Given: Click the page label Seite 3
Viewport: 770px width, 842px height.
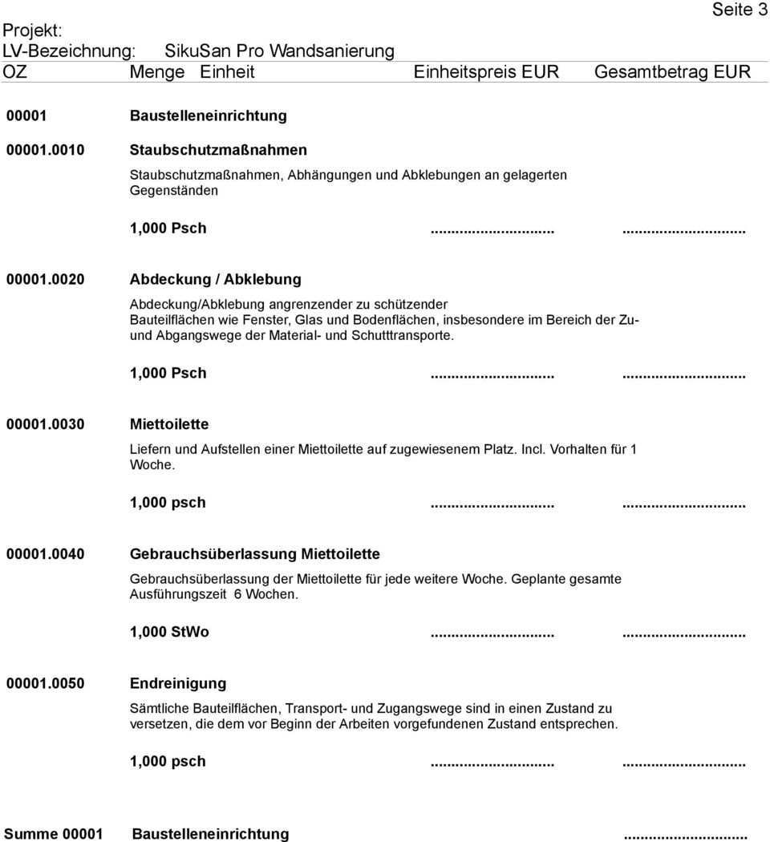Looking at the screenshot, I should tap(733, 10).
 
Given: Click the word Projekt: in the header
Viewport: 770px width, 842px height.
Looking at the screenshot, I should tap(32, 30).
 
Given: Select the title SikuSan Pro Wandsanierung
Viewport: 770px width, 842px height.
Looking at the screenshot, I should tap(279, 51).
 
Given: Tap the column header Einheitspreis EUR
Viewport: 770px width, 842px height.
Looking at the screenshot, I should tap(486, 72).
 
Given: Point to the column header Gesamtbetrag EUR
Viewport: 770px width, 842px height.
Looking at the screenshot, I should tap(672, 72).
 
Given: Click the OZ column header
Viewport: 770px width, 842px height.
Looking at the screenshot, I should tap(14, 72).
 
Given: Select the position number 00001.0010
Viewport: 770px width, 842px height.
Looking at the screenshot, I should tap(47, 149).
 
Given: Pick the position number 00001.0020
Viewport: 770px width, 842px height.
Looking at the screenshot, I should tap(47, 279).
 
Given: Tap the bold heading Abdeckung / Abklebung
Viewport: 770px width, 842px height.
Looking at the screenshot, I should tap(216, 279).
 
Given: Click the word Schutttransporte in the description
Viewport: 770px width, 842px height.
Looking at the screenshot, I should tap(400, 335).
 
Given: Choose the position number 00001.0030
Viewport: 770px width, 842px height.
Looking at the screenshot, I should tap(47, 423).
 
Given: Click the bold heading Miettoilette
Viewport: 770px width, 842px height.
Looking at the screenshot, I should tap(169, 423).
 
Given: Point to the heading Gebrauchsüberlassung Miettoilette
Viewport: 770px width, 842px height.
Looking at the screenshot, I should tap(255, 554).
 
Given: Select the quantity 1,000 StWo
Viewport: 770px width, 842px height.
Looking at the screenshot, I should tap(169, 632).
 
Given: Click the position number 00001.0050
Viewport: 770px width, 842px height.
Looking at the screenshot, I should tap(47, 683).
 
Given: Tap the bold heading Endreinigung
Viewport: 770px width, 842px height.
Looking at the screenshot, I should tap(178, 683).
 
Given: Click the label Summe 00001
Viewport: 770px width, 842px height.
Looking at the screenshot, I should tap(54, 834).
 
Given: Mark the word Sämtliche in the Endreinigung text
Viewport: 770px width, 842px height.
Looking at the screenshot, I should tap(158, 709).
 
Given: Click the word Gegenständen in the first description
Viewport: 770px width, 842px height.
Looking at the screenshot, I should tap(173, 192).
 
